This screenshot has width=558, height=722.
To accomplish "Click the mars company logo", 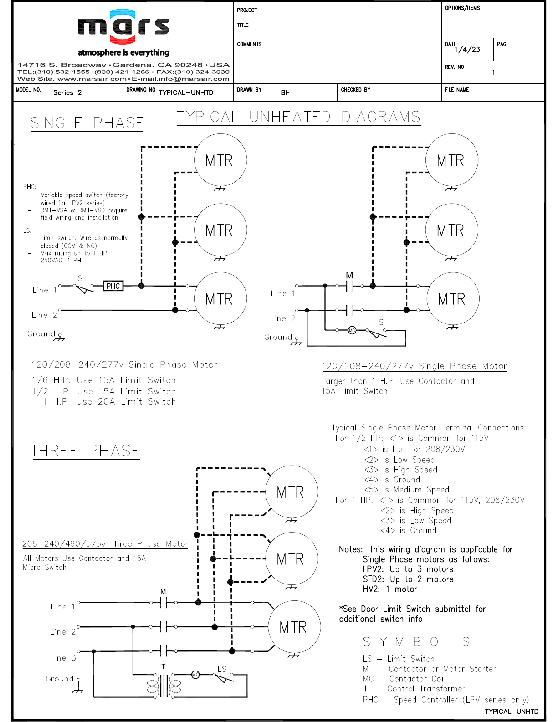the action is tap(123, 26).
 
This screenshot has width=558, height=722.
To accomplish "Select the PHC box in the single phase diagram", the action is tap(113, 286).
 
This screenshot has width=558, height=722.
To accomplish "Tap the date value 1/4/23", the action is tap(467, 50).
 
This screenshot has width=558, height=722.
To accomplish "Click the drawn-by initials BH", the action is tap(285, 93).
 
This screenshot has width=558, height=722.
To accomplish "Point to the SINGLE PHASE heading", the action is tap(87, 123).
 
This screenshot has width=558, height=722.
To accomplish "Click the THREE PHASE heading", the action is tap(85, 451).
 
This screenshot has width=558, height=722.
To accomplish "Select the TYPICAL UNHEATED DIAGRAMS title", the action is tap(299, 117).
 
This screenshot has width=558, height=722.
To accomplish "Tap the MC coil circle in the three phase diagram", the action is tap(195, 675).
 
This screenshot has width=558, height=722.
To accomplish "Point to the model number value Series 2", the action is tap(67, 93).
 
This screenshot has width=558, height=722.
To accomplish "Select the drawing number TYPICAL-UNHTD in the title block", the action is tap(186, 93).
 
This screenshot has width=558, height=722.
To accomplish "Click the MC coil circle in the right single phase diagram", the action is tap(352, 330).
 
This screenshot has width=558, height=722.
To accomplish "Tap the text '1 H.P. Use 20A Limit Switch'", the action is tap(109, 402).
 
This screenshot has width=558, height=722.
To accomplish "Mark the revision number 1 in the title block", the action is tap(494, 72).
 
